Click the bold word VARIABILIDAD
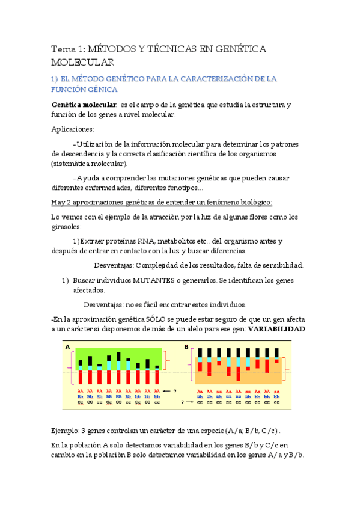[276, 329]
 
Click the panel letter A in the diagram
[68, 347]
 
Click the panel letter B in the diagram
[186, 347]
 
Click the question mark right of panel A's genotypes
[175, 391]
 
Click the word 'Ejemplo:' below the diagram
[67, 431]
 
